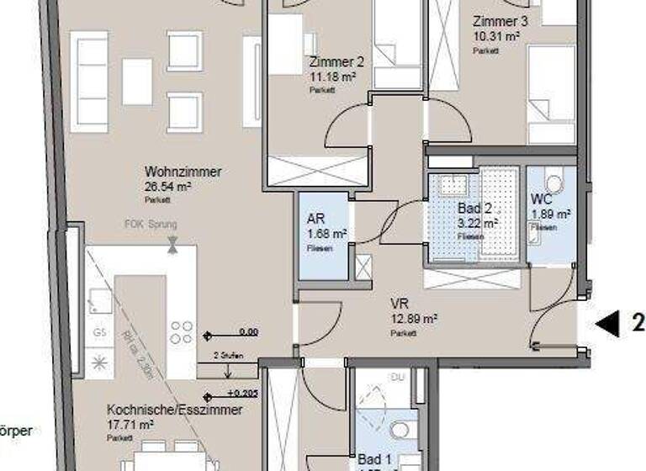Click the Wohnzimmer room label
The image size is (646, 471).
click(x=183, y=172)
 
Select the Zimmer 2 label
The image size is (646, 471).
click(x=336, y=62)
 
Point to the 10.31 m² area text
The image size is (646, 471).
click(x=496, y=37)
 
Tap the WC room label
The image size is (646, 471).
click(x=541, y=200)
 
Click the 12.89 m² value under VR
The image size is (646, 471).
click(x=413, y=319)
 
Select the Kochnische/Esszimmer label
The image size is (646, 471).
click(x=174, y=410)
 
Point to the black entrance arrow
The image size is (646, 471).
click(x=606, y=322)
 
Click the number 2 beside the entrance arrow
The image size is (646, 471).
click(x=638, y=322)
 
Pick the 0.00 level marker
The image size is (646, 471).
click(x=248, y=332)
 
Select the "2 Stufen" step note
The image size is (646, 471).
click(x=229, y=357)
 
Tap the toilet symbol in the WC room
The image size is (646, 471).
click(x=553, y=183)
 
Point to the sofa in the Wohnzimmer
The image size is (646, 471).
click(x=88, y=82)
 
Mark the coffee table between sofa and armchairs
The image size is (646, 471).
click(x=137, y=82)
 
